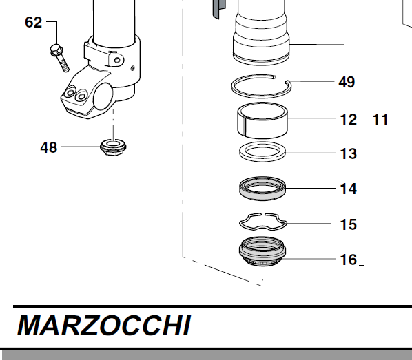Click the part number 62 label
(x=33, y=22)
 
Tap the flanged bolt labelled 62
(x=60, y=58)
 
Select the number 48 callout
(x=49, y=147)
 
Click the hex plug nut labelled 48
(x=113, y=147)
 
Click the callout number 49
(x=347, y=82)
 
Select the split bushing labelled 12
(x=262, y=120)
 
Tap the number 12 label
(x=349, y=120)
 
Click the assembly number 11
(x=380, y=120)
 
